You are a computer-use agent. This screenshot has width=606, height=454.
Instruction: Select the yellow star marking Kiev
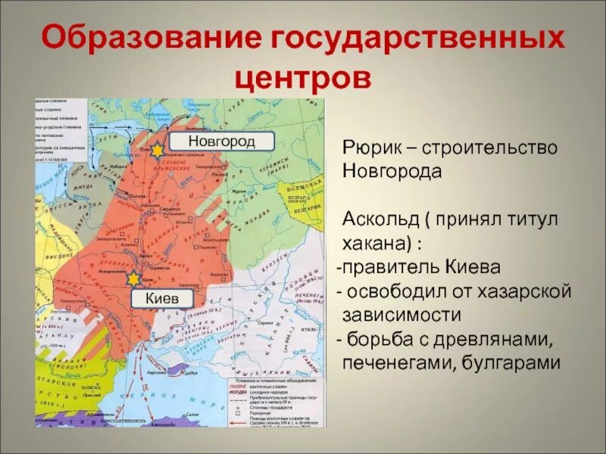click(x=133, y=278)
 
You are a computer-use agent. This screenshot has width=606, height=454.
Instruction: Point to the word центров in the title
click(x=302, y=77)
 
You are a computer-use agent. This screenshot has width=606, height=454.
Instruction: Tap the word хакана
click(x=375, y=244)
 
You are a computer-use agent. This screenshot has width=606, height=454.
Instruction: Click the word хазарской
click(x=523, y=291)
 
